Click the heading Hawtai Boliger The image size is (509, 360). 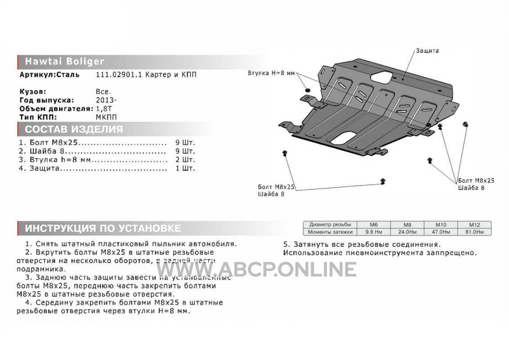pos(65,61)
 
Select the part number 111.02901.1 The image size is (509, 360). pos(119,75)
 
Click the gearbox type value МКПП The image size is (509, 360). pos(106,117)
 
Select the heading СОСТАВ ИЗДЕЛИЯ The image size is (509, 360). pos(74,129)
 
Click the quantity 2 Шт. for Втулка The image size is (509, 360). pos(185,160)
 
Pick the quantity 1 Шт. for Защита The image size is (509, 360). pos(185,168)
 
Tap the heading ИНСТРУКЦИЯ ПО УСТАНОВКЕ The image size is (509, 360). pos(103,228)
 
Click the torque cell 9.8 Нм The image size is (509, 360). pos(374,232)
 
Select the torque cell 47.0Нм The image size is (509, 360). pos(441,232)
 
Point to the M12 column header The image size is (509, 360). pos(474,225)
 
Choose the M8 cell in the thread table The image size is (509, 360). pos(407,225)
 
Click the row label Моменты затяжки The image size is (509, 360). pos(330,232)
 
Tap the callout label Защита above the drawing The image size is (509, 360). pos(428,51)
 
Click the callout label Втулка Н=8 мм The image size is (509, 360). pos(271,73)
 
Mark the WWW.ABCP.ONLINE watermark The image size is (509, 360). pos(256,270)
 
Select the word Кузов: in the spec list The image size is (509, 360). pos(33,92)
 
